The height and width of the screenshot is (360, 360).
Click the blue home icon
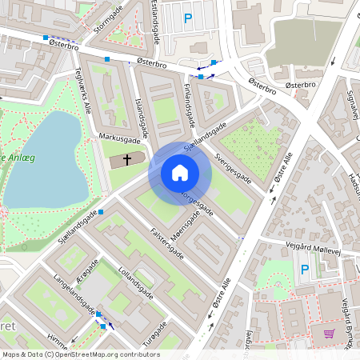tap(180, 173)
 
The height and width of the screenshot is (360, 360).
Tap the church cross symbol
tap(126, 161)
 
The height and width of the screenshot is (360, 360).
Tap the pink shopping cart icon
tap(329, 334)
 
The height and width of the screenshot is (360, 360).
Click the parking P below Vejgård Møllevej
tap(304, 270)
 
